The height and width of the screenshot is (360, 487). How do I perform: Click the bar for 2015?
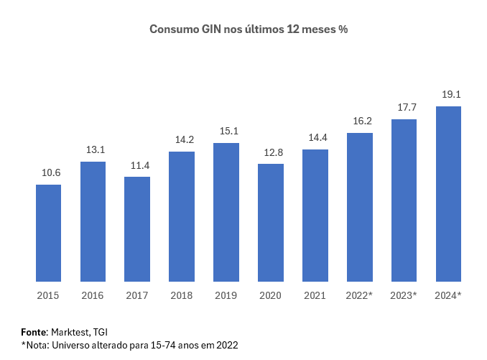click(48, 233)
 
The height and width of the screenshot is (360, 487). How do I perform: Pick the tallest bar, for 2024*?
click(448, 194)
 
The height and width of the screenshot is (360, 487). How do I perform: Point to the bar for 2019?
click(226, 212)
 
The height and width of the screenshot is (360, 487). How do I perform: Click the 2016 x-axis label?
click(93, 295)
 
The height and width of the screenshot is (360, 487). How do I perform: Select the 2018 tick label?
click(182, 295)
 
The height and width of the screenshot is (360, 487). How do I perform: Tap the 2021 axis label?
click(315, 295)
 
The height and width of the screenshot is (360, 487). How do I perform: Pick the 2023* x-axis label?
click(404, 295)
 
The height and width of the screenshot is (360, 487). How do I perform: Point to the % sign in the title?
click(343, 29)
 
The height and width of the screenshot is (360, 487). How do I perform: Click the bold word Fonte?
click(34, 332)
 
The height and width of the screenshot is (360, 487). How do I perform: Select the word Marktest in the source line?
click(70, 332)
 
